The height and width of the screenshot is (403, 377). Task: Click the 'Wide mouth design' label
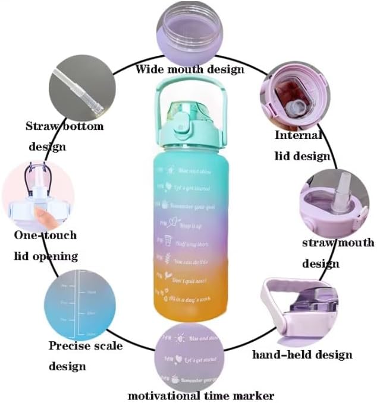point(190,69)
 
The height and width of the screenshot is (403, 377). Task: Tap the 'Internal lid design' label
point(302,145)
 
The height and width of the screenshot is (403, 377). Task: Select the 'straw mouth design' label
point(338,252)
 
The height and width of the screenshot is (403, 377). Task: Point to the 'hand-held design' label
point(302,355)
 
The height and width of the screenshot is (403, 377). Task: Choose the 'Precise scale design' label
point(85,356)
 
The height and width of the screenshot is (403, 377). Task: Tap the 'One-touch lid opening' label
point(46,246)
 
